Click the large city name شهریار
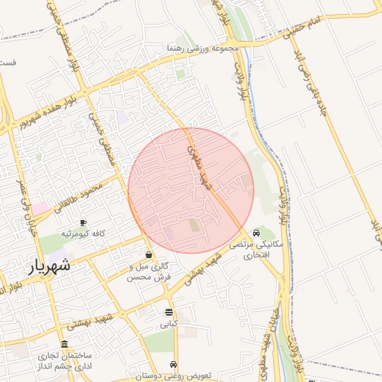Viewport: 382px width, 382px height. (50, 265)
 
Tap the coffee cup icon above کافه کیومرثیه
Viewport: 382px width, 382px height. (83, 222)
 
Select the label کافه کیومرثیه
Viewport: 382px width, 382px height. (82, 234)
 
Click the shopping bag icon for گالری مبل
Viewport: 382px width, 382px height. (149, 255)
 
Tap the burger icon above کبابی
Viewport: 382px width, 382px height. (169, 312)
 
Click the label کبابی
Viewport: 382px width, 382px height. (169, 325)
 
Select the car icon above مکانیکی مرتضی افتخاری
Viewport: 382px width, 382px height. (257, 232)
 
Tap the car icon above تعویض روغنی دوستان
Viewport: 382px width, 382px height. (175, 364)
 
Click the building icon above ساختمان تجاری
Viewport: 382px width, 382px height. (65, 344)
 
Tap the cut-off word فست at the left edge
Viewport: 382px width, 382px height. (8, 63)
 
